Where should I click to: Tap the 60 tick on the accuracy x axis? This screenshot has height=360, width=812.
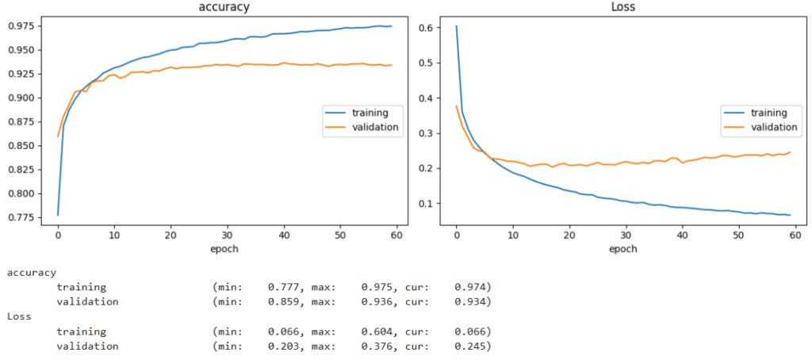(396, 236)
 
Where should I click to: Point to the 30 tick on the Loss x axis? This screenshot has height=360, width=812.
(626, 236)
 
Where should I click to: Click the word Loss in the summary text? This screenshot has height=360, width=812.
(20, 316)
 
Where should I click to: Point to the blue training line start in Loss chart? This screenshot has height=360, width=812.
(456, 26)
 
